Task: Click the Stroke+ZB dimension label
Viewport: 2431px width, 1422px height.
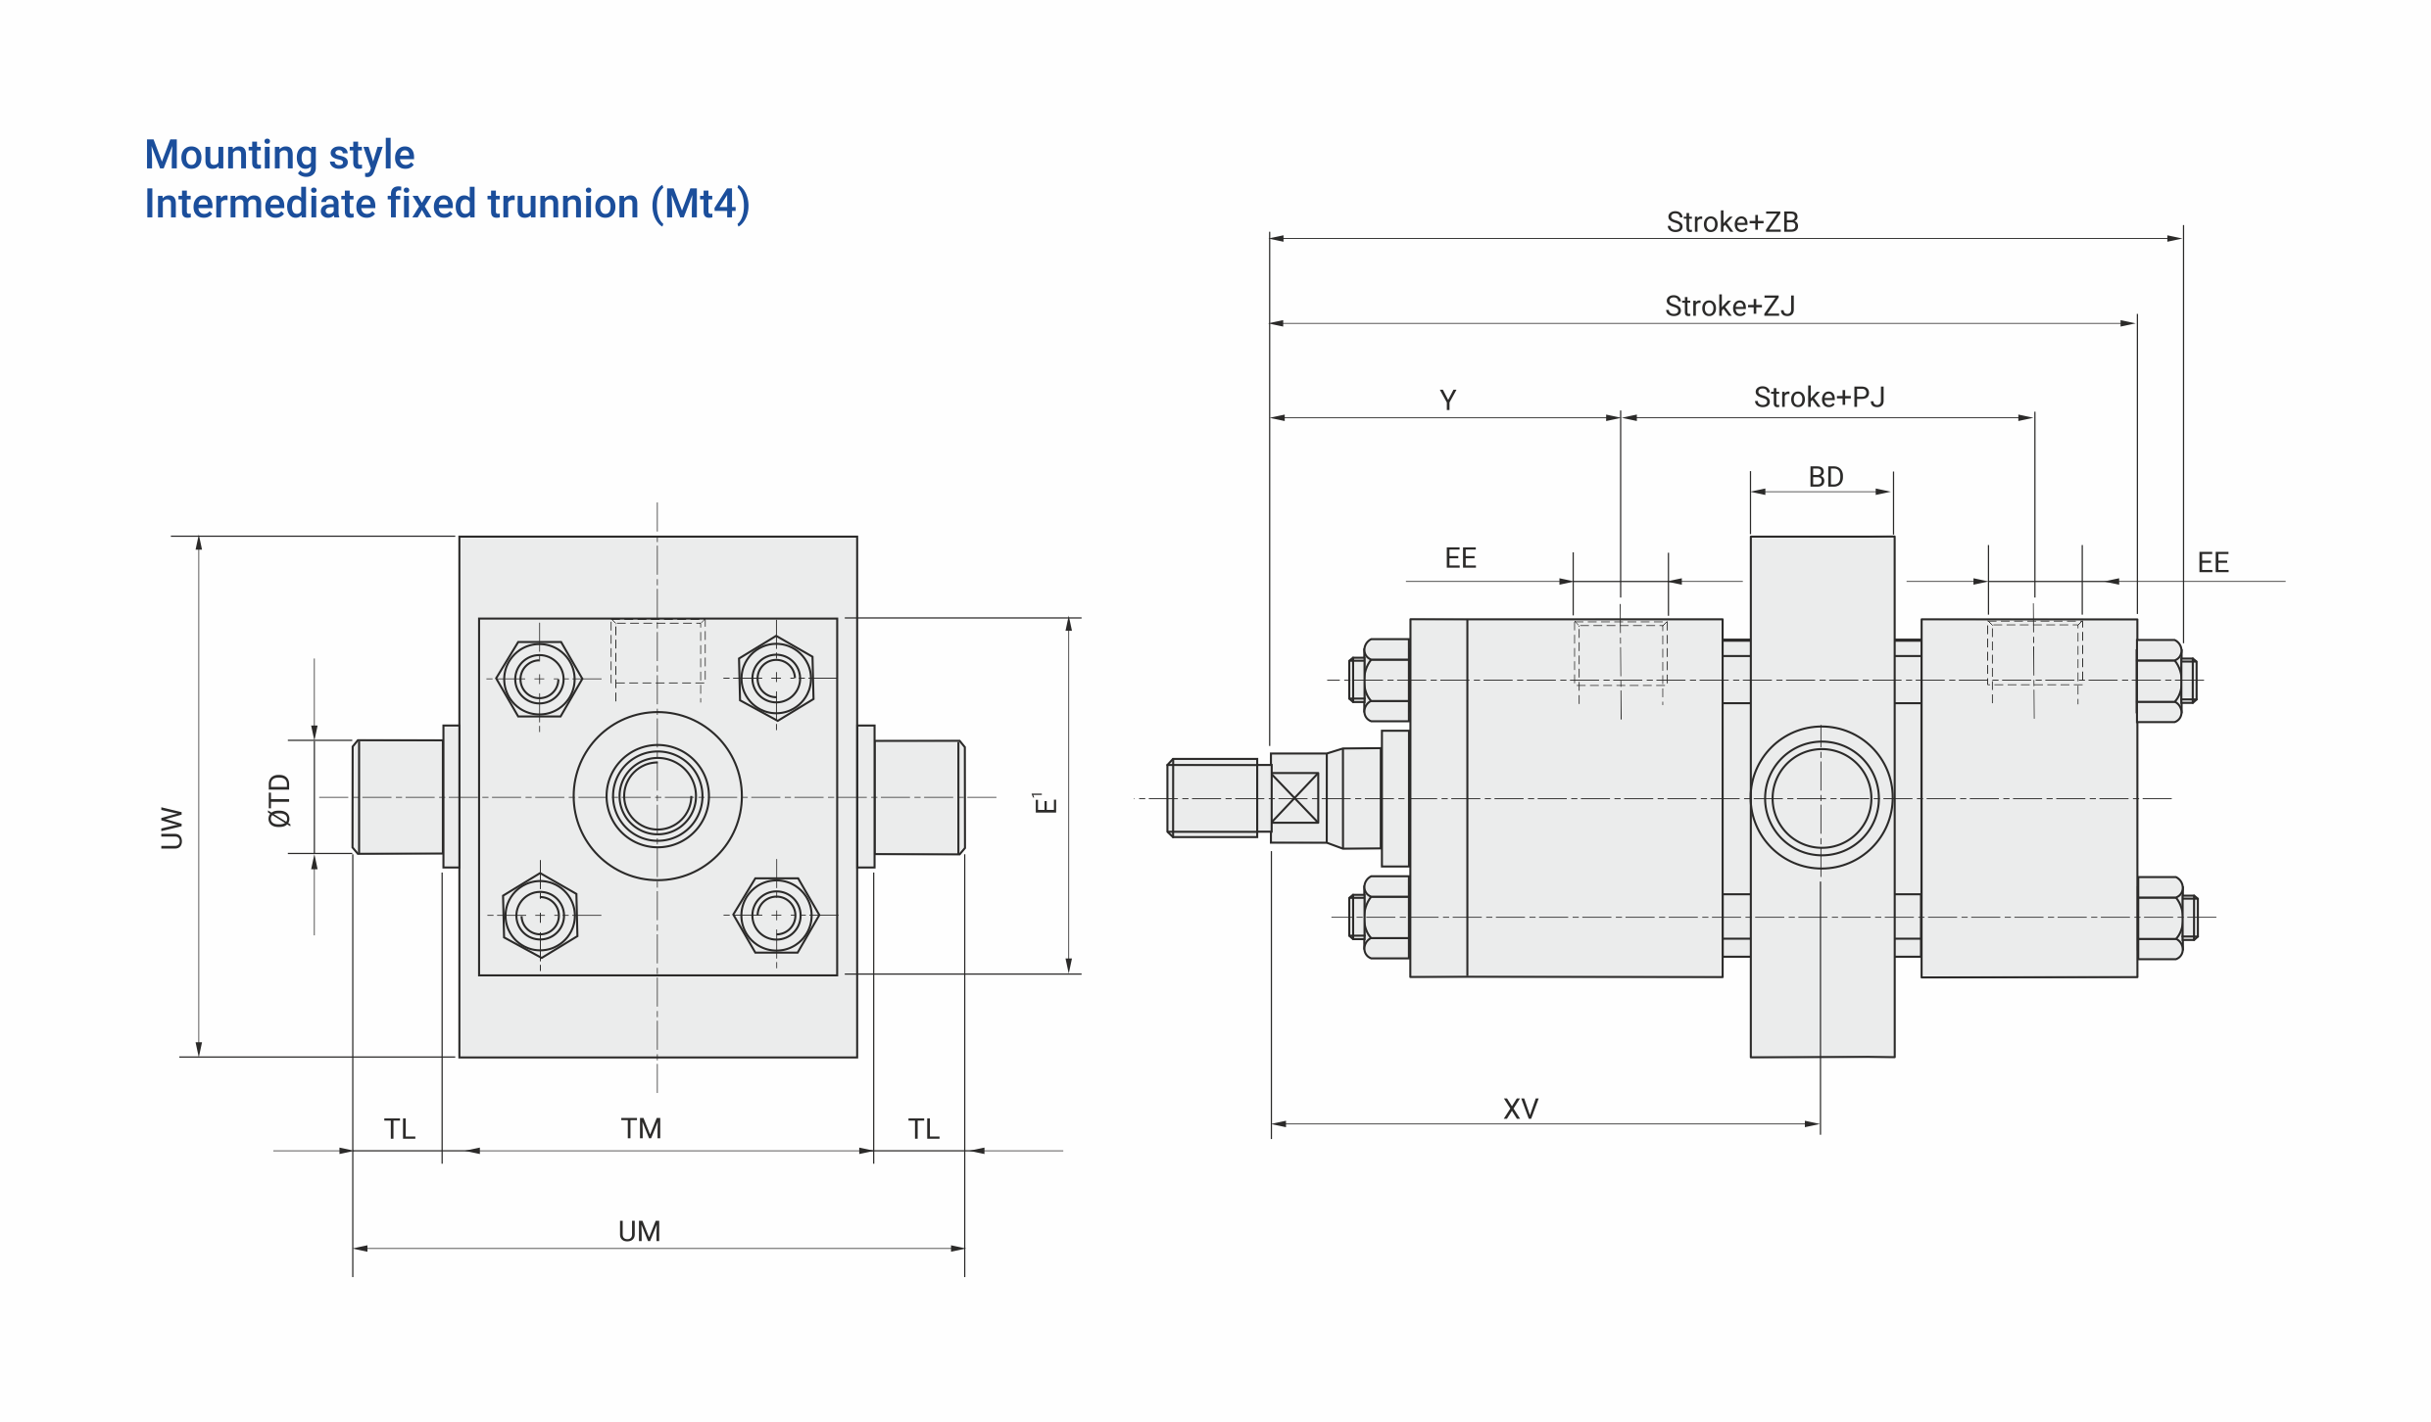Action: (1732, 222)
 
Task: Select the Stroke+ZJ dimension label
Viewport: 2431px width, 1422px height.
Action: (1729, 307)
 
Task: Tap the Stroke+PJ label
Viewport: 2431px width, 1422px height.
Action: (1819, 398)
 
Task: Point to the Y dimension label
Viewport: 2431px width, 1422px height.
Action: (1448, 400)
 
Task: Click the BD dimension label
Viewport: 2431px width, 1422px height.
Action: (1825, 477)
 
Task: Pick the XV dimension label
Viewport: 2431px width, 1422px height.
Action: (1521, 1109)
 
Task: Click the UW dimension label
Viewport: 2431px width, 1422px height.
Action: (171, 828)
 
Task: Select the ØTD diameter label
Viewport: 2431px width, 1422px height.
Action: (279, 800)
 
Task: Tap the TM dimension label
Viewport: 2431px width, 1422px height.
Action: (641, 1128)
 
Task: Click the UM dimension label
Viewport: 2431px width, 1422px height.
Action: (639, 1231)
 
